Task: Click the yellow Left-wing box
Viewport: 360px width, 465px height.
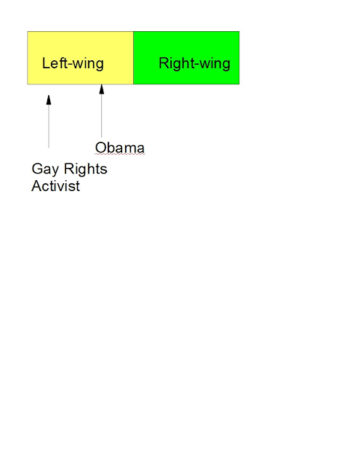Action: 81,58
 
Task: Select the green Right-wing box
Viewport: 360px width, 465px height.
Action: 186,58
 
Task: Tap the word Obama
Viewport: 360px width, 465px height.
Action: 119,147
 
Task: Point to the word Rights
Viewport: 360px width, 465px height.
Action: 86,169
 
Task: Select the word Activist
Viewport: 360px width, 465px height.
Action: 56,186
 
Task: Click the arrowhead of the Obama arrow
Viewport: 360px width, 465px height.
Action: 102,89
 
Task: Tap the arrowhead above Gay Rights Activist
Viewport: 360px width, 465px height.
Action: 49,100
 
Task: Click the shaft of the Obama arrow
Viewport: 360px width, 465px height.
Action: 102,116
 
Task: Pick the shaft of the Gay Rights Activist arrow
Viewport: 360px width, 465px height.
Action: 49,126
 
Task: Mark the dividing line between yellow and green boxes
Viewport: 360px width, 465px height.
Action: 134,58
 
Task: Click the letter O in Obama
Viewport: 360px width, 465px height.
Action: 100,147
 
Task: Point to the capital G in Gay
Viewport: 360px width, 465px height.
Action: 36,169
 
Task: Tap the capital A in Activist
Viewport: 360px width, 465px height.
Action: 36,186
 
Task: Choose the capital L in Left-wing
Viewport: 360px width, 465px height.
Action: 46,63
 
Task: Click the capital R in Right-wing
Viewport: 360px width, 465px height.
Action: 164,63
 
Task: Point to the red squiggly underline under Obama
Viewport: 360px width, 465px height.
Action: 120,154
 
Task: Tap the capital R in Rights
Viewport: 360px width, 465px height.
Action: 69,169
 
